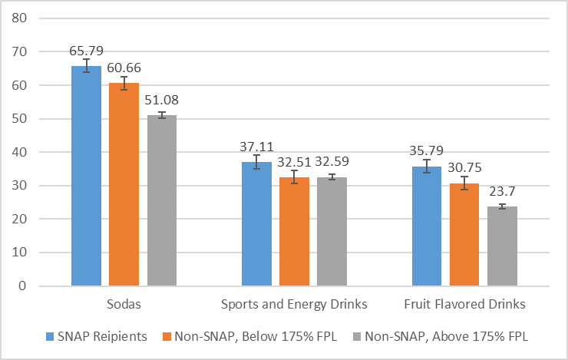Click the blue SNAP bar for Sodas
86,176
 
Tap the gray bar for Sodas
161,200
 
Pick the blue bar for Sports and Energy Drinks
256,224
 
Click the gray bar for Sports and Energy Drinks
332,231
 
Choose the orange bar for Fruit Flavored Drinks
464,234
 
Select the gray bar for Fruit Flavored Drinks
502,246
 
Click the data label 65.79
86,51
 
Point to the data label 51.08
162,101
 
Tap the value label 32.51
294,162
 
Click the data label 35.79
427,151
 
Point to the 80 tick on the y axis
21,18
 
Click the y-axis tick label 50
21,119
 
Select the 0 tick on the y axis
25,286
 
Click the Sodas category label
124,305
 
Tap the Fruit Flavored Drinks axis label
464,305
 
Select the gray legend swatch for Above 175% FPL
357,335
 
